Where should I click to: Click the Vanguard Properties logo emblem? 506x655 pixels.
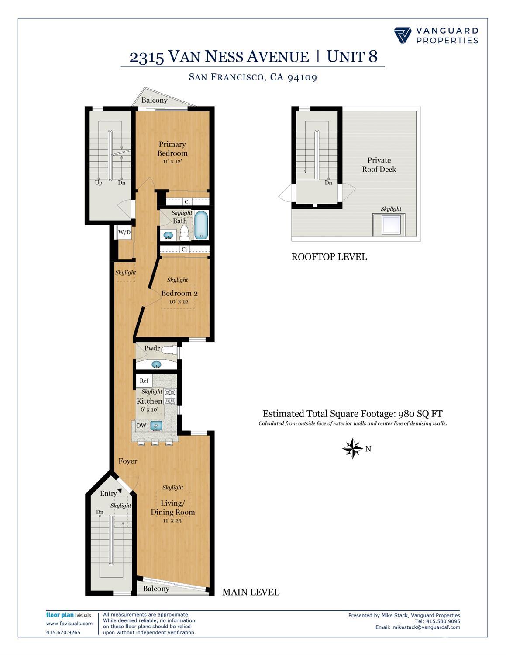click(403, 35)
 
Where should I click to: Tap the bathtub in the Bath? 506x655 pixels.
click(201, 225)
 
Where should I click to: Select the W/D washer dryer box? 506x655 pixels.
click(124, 232)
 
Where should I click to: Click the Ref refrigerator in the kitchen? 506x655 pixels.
click(144, 381)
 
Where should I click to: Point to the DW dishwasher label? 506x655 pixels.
click(141, 426)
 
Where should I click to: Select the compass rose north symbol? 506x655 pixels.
click(352, 448)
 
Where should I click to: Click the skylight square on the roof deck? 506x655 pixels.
click(389, 225)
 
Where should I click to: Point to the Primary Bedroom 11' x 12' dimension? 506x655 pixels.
click(172, 162)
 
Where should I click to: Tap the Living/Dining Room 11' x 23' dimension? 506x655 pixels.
click(172, 520)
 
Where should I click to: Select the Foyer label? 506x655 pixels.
click(127, 461)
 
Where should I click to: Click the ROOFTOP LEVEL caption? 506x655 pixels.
click(329, 257)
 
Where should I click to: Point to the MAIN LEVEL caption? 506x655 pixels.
click(251, 592)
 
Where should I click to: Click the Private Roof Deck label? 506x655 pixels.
click(379, 165)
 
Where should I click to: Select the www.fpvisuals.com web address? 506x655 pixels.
click(69, 624)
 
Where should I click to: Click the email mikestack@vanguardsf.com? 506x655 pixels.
click(426, 627)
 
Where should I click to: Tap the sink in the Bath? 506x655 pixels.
click(168, 236)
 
